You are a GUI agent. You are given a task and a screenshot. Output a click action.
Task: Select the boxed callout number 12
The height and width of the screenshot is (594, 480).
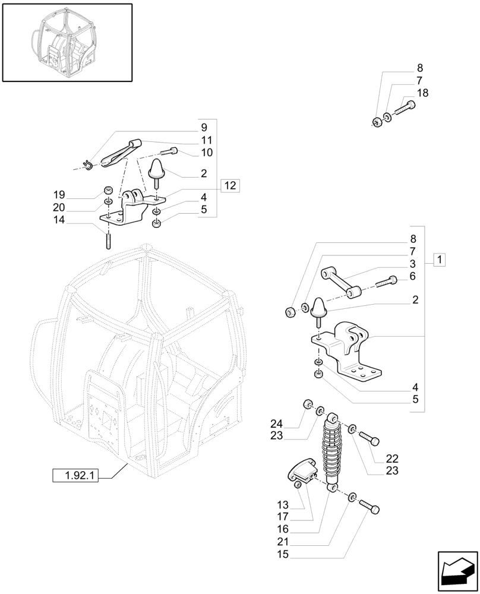(x=230, y=185)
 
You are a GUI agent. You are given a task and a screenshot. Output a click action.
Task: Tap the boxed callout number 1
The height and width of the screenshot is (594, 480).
(x=439, y=259)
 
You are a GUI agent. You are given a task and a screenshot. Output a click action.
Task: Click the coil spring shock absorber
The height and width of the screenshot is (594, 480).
(x=330, y=451)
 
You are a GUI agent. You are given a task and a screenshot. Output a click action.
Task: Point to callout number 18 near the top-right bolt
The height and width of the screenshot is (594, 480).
(x=422, y=93)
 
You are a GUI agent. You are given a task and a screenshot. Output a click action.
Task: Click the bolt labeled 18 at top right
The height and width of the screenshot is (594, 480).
(x=405, y=108)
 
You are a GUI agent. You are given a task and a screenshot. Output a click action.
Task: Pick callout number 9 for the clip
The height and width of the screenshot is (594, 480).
(x=204, y=127)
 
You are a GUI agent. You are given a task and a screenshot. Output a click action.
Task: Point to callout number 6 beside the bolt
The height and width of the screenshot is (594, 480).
(x=412, y=276)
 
